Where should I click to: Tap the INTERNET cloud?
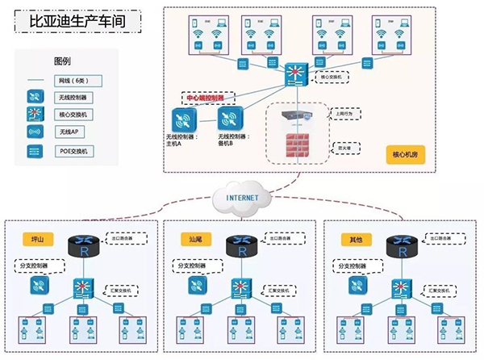(x=241, y=196)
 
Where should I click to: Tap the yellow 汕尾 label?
(x=197, y=239)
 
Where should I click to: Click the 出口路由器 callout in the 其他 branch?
(x=445, y=238)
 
